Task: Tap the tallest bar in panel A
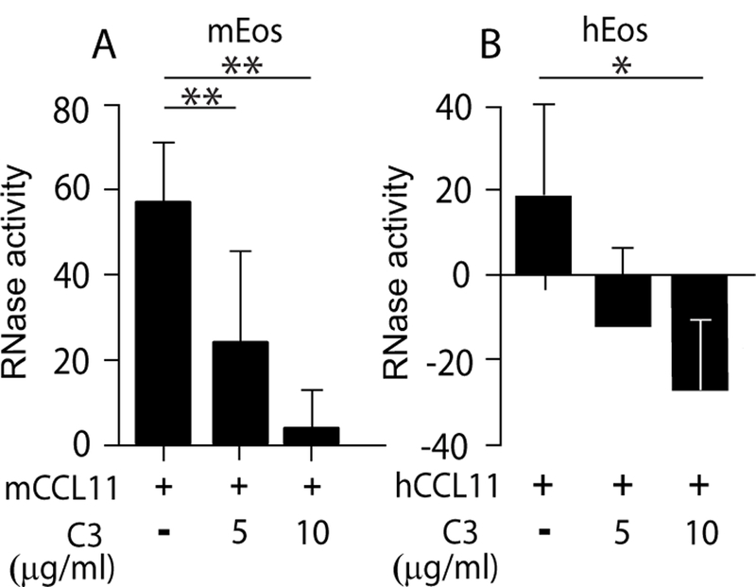(164, 321)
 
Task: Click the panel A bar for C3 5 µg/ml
(240, 392)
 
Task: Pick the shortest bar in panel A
(311, 436)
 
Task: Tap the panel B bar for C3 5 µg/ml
(622, 301)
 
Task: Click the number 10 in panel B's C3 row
(698, 532)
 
